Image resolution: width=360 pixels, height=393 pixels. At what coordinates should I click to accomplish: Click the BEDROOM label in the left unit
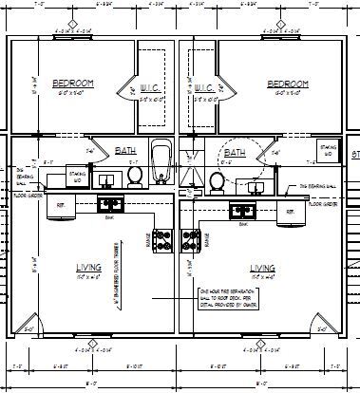click(x=70, y=83)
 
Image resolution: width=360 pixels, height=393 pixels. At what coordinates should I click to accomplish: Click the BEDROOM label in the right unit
click(x=284, y=83)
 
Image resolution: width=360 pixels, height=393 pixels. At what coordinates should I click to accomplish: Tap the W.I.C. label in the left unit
click(x=150, y=88)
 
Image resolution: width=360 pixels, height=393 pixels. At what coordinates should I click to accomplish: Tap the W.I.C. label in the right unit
click(x=206, y=88)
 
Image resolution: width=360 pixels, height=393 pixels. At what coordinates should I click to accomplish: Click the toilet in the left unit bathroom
click(x=135, y=176)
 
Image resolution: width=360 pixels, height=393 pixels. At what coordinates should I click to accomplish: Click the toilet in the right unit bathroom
click(x=218, y=180)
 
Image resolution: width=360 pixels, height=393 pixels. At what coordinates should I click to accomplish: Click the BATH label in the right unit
click(x=235, y=151)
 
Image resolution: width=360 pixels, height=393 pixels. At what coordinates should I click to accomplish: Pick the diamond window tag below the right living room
click(x=263, y=343)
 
